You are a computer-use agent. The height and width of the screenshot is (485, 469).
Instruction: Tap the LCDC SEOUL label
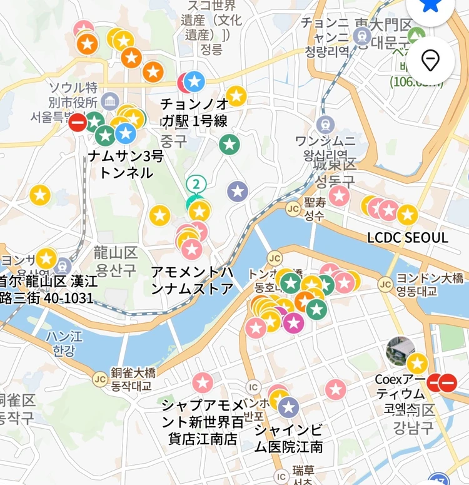click(408, 238)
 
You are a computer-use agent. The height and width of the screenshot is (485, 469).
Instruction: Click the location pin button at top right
click(430, 61)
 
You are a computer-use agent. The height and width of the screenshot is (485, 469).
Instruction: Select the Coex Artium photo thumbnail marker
click(400, 351)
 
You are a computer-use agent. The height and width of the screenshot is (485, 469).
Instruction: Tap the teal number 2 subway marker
click(196, 184)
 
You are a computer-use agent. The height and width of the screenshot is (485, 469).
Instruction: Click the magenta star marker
click(293, 323)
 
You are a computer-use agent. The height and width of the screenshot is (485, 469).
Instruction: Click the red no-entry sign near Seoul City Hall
click(78, 122)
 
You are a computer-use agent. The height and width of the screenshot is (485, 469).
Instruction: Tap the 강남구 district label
click(413, 427)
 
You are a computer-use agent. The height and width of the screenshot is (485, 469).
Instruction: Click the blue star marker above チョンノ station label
click(194, 81)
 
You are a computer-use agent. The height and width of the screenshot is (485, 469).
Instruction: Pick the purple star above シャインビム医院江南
click(288, 407)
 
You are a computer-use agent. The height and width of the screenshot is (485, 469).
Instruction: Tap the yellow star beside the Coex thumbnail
click(417, 364)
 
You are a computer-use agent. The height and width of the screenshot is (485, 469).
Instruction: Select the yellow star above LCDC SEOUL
click(407, 215)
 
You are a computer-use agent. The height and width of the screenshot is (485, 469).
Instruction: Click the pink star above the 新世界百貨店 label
click(203, 382)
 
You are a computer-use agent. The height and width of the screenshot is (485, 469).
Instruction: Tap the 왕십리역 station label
click(325, 154)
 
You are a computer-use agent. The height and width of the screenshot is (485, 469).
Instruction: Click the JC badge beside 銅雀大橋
click(99, 379)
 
